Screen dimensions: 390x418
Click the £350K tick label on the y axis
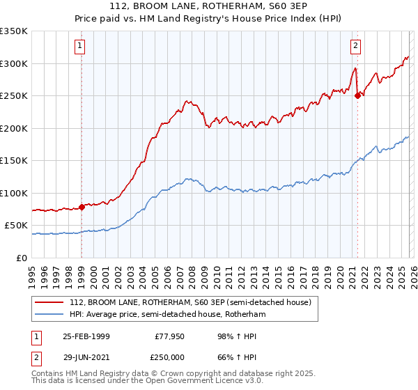[x=14, y=31]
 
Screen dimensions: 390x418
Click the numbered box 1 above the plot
[x=81, y=46]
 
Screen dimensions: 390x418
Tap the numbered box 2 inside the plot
[x=355, y=46]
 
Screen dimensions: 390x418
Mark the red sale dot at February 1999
[x=82, y=206]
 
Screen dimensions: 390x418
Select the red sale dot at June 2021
[x=357, y=96]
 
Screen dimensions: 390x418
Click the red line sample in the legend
[x=49, y=302]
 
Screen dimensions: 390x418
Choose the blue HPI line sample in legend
[x=49, y=314]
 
